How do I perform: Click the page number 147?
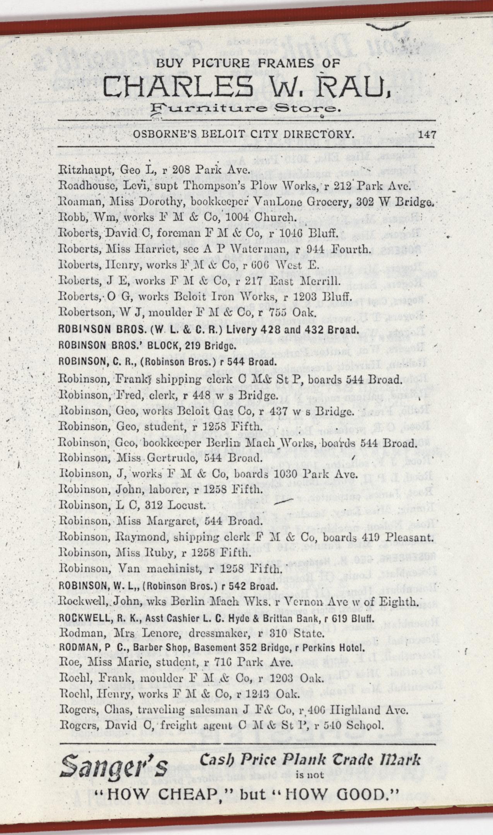pos(427,135)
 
